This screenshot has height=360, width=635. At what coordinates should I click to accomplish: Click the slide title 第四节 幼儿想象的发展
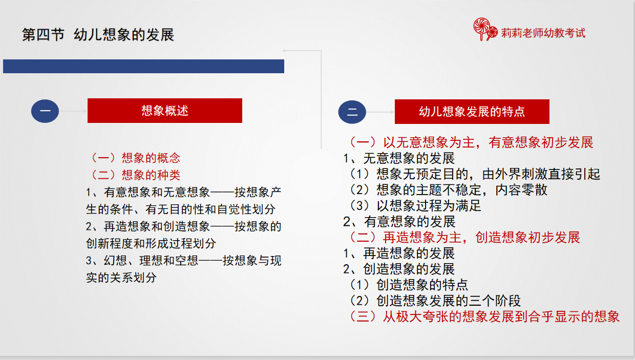[98, 35]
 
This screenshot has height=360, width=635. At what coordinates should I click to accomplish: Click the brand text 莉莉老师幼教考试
[543, 33]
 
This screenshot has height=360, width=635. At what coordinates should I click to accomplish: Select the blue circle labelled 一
[45, 111]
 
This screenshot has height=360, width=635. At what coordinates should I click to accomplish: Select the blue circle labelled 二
[352, 112]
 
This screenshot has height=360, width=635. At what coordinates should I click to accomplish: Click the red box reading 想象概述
[165, 111]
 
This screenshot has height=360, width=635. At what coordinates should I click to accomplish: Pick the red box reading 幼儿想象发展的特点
[472, 112]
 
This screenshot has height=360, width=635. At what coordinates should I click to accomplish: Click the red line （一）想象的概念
[135, 158]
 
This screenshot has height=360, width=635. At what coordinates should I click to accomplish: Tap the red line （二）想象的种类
[135, 175]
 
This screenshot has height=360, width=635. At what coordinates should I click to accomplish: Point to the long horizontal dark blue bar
[143, 67]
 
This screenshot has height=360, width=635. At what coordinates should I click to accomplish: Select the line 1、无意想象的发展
[399, 158]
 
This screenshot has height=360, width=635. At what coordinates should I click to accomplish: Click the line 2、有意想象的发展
[399, 222]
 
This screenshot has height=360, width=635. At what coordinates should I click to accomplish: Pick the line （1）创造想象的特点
[408, 285]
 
